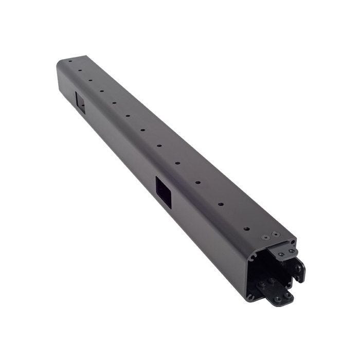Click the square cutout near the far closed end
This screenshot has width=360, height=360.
click(x=81, y=102)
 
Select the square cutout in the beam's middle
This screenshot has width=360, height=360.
click(x=164, y=192)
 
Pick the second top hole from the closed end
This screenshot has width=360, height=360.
click(x=80, y=70)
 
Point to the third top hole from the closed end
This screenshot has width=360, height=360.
click(x=90, y=80)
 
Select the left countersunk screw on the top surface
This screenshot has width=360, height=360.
click(x=265, y=238)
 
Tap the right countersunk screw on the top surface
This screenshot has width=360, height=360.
click(x=276, y=235)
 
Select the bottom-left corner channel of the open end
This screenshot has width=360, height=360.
click(x=250, y=296)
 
